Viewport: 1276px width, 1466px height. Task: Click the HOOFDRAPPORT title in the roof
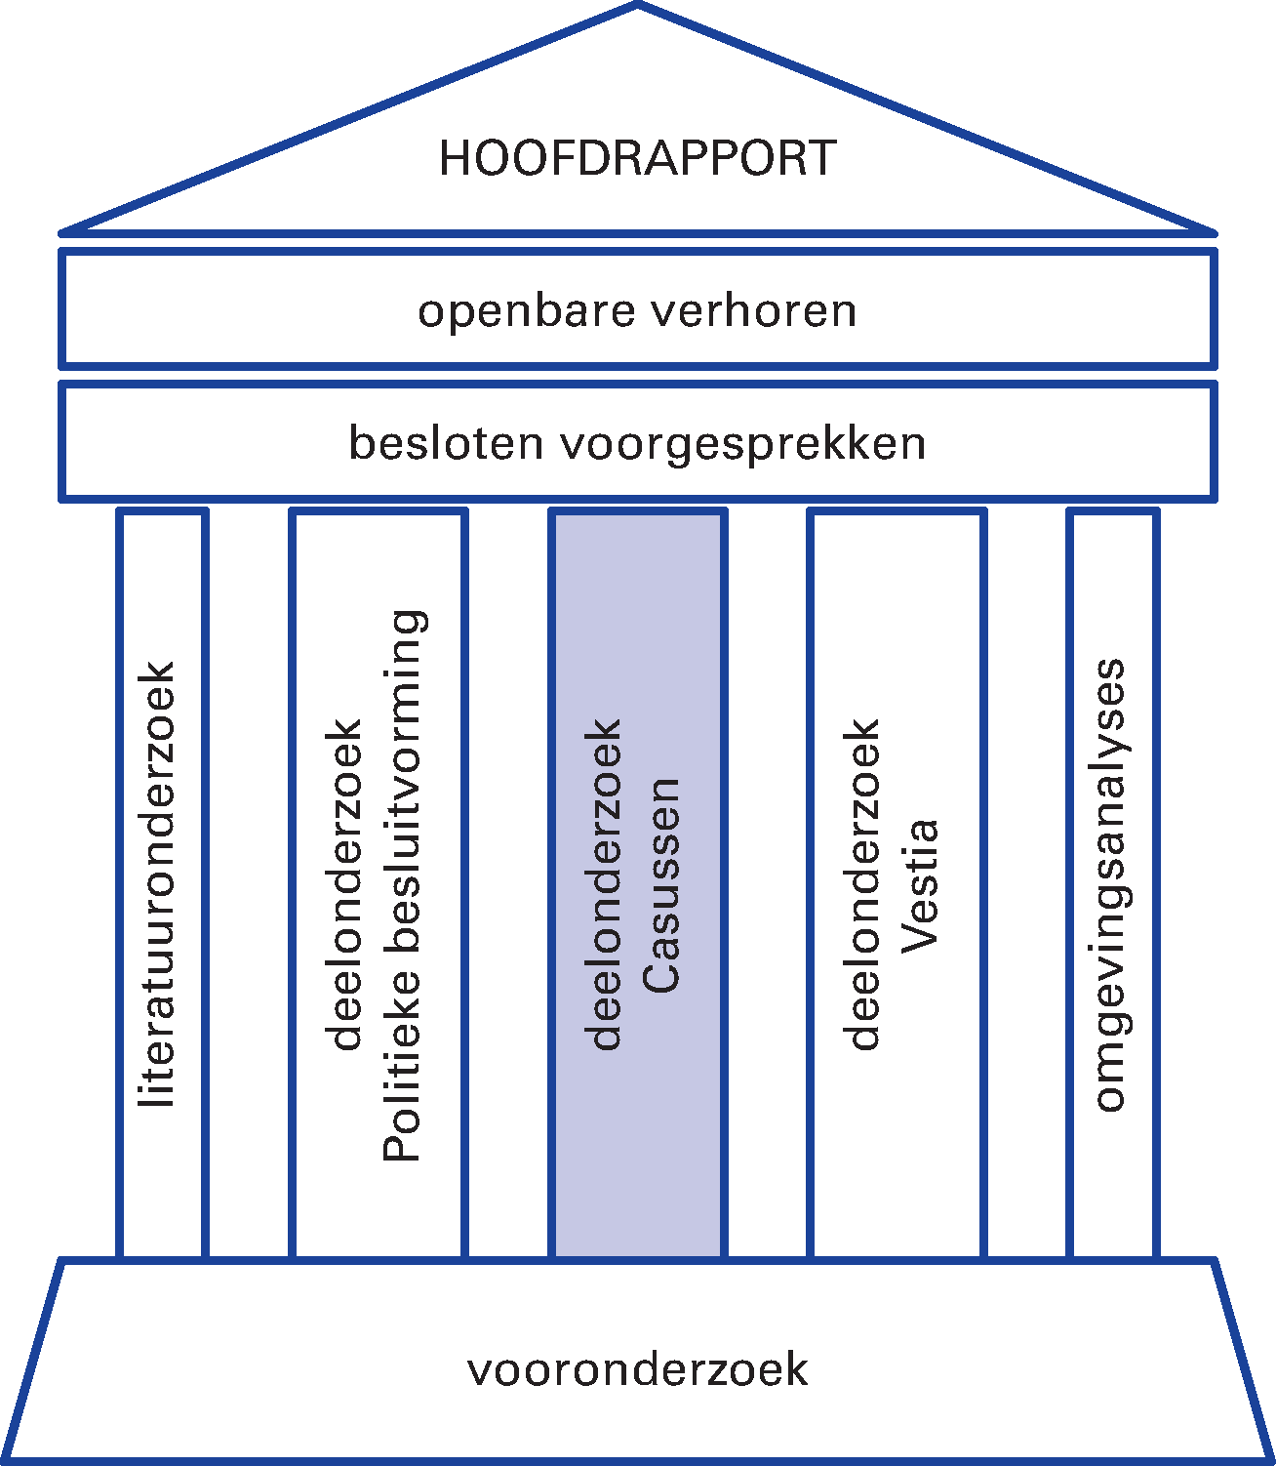[637, 158]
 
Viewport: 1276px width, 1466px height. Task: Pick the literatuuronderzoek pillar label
[158, 883]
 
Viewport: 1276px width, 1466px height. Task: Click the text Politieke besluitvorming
[403, 885]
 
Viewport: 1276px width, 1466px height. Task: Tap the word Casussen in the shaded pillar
[660, 885]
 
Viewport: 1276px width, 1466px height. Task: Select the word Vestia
[919, 885]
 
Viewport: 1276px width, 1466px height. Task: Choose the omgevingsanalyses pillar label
[1110, 885]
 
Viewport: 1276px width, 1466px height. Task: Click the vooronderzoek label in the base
[637, 1369]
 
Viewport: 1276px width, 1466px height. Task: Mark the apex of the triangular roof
[638, 5]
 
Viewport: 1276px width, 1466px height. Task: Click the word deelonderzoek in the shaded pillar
[605, 885]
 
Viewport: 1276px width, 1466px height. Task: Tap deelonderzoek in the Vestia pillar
[863, 885]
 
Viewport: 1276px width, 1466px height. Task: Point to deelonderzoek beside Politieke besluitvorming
[346, 885]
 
